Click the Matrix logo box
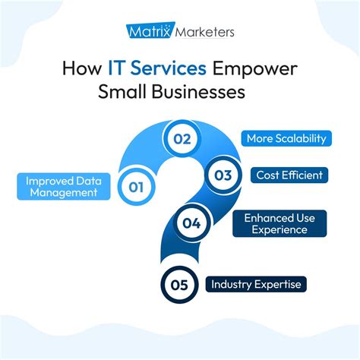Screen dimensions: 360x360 coord(149,32)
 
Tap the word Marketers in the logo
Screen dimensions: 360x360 coord(203,32)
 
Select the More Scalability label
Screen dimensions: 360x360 coord(287,139)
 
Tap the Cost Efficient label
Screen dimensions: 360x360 coord(289,175)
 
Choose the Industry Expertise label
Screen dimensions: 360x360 coord(257,285)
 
